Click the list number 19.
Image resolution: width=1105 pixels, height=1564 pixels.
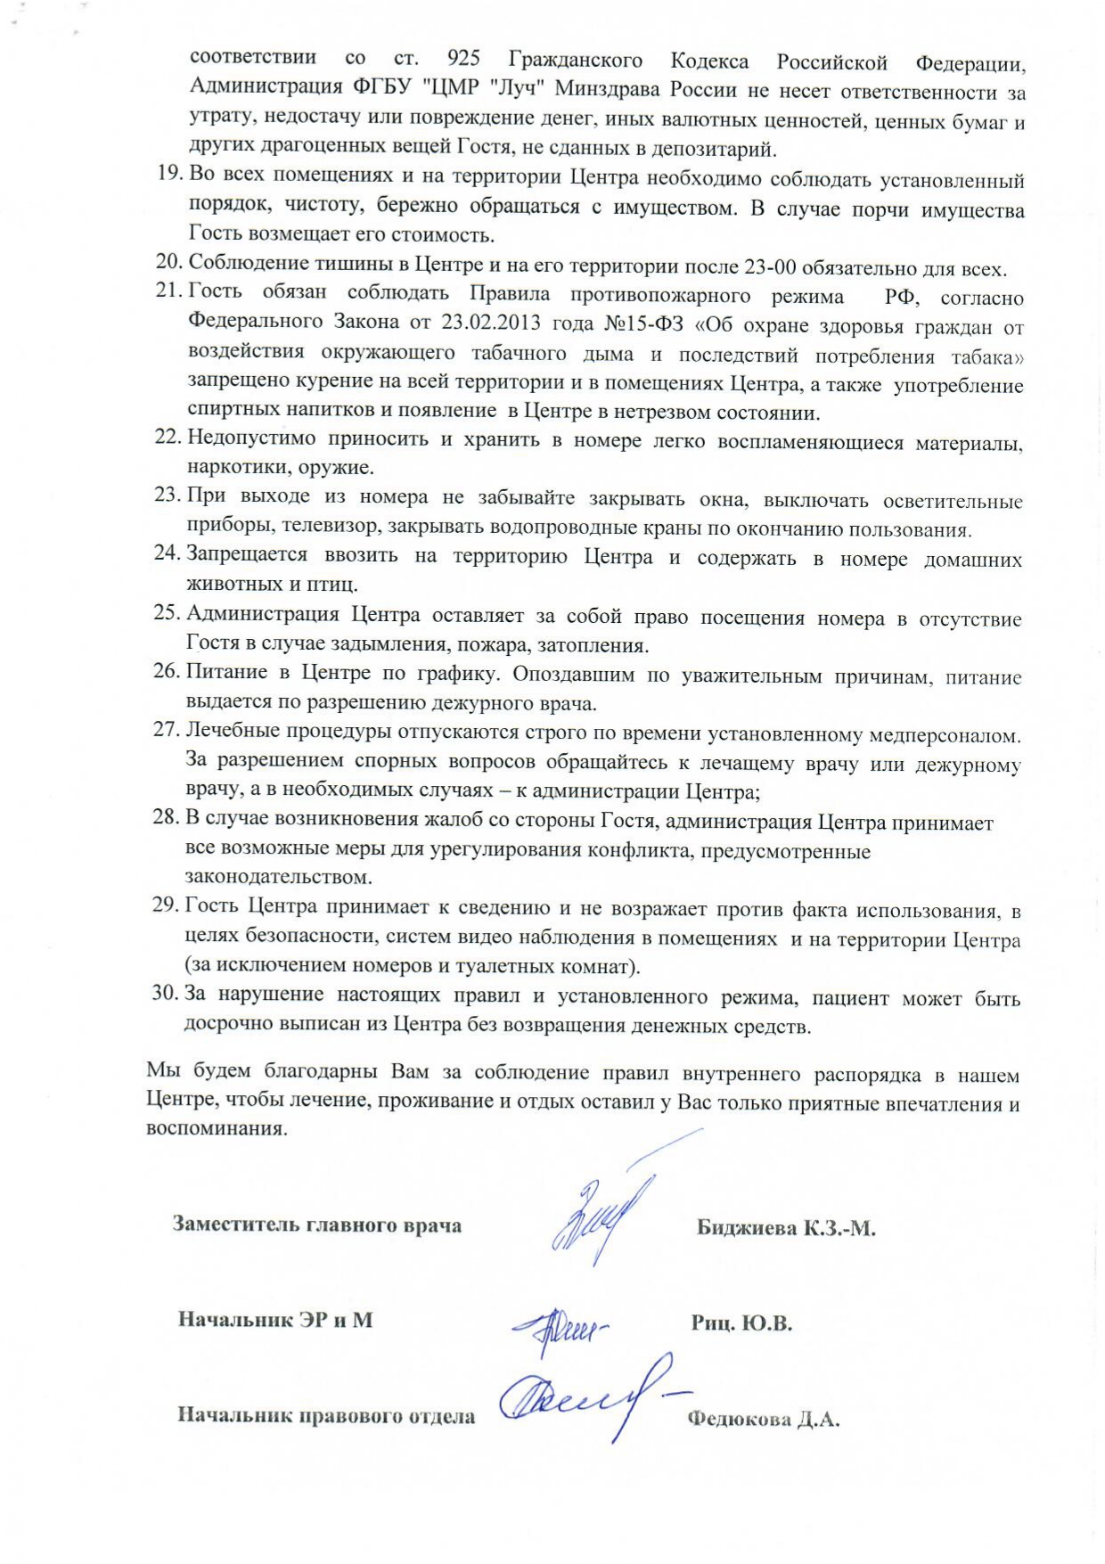(x=169, y=173)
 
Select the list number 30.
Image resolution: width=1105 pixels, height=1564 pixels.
(x=165, y=992)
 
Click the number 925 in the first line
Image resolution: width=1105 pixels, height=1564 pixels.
(x=463, y=59)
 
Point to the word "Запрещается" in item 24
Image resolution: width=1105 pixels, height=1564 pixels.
(x=247, y=554)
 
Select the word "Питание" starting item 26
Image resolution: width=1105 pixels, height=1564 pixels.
(x=226, y=672)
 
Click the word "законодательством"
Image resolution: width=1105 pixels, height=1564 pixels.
(x=278, y=877)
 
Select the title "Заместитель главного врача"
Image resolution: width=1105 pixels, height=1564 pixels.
(x=317, y=1224)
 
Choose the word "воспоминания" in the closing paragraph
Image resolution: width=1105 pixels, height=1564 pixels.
(x=217, y=1128)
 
